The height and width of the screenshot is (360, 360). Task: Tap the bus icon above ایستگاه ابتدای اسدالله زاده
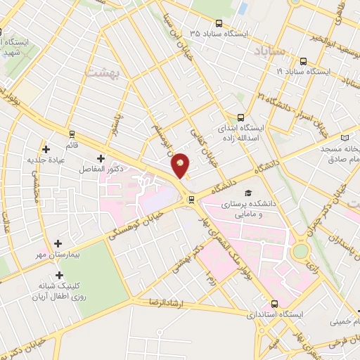[240, 117]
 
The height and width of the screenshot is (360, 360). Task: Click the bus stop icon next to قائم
[72, 133]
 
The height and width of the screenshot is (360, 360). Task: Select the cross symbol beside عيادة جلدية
[46, 149]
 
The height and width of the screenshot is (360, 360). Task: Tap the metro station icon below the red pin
[191, 200]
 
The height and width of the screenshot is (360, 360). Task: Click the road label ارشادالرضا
[164, 302]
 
